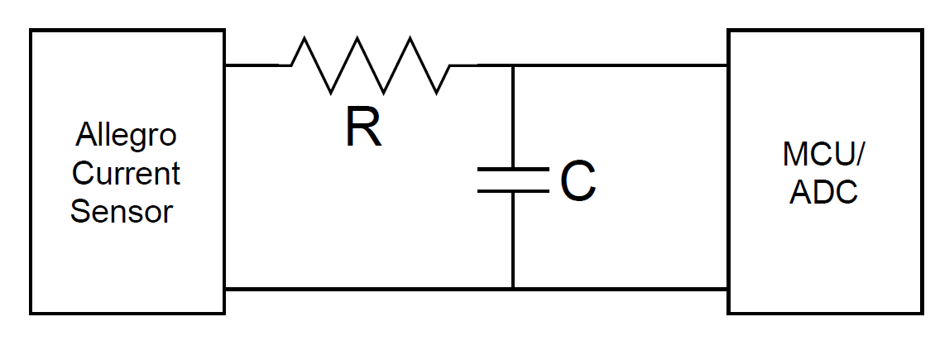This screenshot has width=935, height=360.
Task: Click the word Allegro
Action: click(126, 136)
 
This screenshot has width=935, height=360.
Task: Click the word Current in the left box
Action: click(126, 174)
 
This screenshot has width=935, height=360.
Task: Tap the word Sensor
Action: click(122, 212)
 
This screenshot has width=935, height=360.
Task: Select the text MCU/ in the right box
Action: click(824, 155)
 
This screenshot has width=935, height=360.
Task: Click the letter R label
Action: click(364, 128)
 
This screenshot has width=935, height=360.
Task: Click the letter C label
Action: click(578, 182)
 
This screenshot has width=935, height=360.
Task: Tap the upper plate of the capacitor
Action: click(513, 170)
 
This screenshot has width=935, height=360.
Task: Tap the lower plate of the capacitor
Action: click(513, 191)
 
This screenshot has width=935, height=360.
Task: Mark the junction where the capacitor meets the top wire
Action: click(513, 65)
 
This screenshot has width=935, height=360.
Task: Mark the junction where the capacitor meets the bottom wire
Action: click(513, 288)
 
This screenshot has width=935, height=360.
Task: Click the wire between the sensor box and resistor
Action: click(257, 65)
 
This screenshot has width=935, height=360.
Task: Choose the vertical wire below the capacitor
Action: click(513, 240)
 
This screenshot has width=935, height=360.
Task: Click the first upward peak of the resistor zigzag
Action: click(305, 38)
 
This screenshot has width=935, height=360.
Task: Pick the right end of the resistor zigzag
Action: click(452, 65)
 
